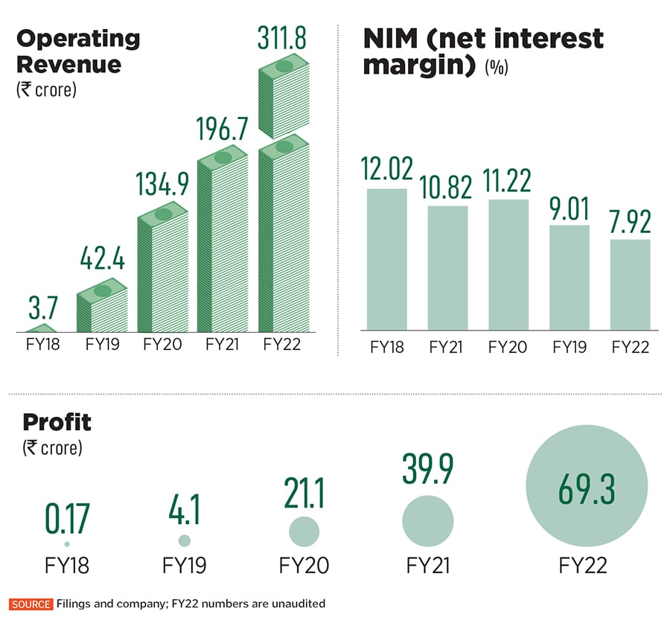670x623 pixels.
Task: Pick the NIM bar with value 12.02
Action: (x=387, y=258)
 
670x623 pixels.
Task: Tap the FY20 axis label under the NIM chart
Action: (x=508, y=348)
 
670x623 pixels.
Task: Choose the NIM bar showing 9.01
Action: (x=569, y=277)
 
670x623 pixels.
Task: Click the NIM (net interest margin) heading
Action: (x=483, y=51)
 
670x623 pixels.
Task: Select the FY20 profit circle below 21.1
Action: (x=304, y=531)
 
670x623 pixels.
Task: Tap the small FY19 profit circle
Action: (x=185, y=540)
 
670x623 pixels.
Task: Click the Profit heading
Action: (x=57, y=422)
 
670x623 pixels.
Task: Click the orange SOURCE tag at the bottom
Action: (x=31, y=604)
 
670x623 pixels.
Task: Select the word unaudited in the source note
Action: (x=296, y=604)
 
